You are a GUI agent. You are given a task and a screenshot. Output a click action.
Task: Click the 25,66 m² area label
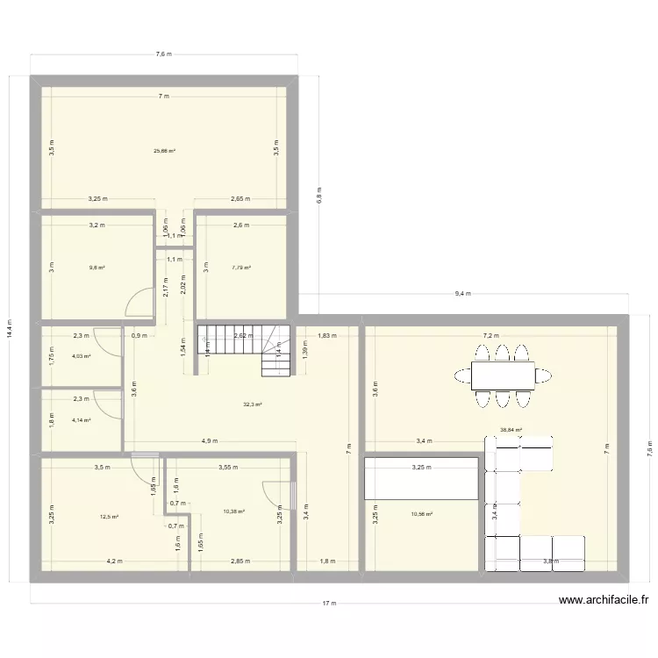point(164,151)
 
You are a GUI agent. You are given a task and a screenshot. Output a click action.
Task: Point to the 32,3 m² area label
point(253,404)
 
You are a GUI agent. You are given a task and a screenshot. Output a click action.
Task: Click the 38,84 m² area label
point(511,430)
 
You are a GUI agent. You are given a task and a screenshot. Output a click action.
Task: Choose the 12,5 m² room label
point(109,517)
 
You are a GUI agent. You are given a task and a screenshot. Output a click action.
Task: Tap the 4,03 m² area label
point(82,356)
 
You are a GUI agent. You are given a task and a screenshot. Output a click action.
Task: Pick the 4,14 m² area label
point(82,420)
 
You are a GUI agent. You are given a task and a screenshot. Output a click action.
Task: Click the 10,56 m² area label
point(423,514)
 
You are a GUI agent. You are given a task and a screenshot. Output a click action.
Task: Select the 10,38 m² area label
point(233,511)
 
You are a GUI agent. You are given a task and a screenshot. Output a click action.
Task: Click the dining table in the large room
point(503,375)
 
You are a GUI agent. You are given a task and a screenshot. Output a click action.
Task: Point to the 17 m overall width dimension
point(328,604)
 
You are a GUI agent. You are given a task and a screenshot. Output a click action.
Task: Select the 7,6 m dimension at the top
point(164,54)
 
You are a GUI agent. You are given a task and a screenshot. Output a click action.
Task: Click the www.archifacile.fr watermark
point(604,601)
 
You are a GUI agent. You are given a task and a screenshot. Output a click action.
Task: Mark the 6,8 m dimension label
point(319,194)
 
